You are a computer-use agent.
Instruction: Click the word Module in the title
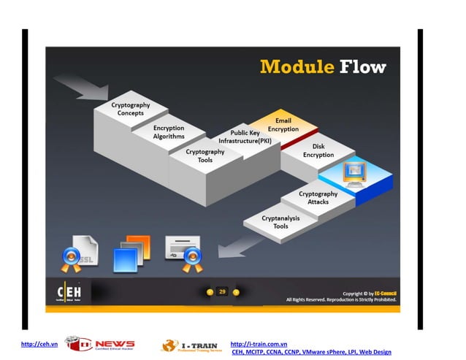pos(297,67)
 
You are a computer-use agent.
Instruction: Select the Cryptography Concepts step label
pos(131,109)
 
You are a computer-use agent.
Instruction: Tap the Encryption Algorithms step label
pos(169,132)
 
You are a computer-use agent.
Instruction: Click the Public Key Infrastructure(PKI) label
pos(245,137)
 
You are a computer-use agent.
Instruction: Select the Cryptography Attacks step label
pos(318,197)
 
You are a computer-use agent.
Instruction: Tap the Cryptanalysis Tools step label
pos(280,222)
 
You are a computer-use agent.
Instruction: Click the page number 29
pos(222,291)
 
